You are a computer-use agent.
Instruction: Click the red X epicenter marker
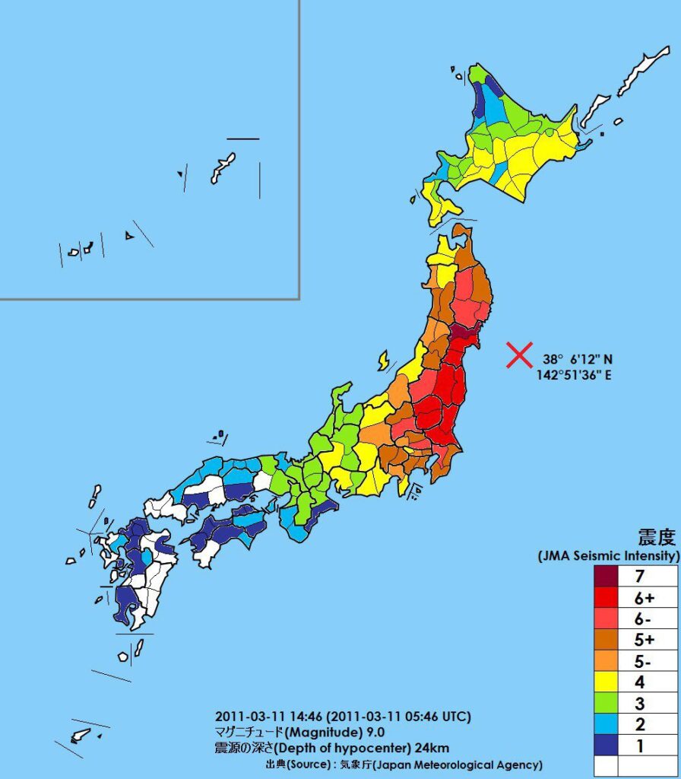click(519, 355)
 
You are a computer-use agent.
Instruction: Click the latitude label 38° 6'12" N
click(578, 359)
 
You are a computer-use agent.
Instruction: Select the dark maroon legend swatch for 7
click(606, 577)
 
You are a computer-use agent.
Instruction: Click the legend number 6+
click(644, 598)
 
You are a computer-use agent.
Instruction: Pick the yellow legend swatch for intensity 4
click(606, 682)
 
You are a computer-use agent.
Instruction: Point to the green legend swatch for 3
click(606, 703)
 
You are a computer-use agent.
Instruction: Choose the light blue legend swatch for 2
click(606, 724)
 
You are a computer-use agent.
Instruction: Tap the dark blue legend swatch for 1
click(606, 746)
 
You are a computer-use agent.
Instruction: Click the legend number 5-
click(644, 660)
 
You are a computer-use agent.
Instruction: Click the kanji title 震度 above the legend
click(656, 539)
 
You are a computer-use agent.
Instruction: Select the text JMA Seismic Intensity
click(608, 557)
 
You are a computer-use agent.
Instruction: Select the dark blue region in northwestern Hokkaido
click(483, 95)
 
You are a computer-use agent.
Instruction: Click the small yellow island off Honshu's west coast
click(385, 359)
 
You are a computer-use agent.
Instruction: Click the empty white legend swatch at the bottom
click(606, 765)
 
